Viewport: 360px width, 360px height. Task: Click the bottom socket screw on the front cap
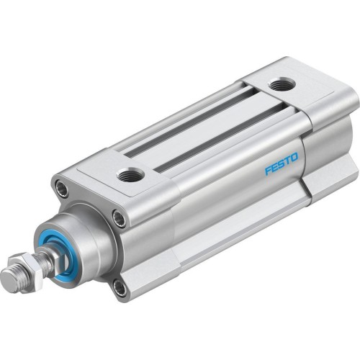point(119,288)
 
